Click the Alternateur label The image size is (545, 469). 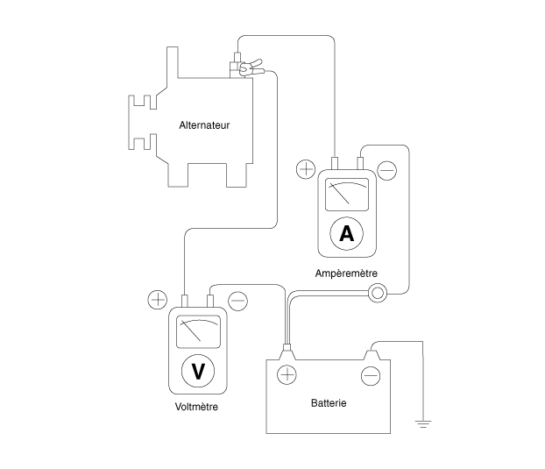(204, 125)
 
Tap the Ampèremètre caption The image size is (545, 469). (346, 274)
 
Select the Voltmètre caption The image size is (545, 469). (196, 407)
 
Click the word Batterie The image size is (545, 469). (329, 403)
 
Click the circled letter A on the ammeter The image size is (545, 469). (346, 234)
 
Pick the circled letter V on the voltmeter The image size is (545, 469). (198, 371)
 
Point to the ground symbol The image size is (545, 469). (423, 423)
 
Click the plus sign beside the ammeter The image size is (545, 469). (306, 169)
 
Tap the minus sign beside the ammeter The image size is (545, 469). (387, 170)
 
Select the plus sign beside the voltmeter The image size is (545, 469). (158, 300)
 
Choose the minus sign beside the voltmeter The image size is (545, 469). (237, 301)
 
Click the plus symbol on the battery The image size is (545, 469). (287, 375)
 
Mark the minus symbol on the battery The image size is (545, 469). (371, 376)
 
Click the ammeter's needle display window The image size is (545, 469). (347, 195)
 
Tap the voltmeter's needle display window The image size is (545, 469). (199, 331)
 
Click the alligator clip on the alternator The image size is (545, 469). (251, 68)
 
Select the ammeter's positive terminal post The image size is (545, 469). (335, 163)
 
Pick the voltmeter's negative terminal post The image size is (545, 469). (210, 301)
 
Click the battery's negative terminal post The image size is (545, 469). (372, 355)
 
